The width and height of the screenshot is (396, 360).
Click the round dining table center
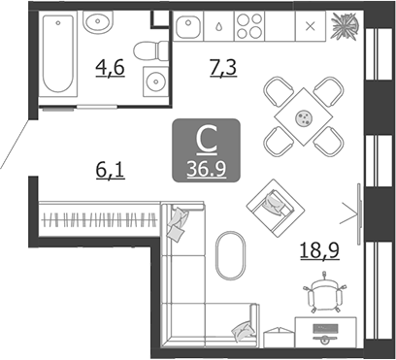pyautogui.click(x=303, y=118)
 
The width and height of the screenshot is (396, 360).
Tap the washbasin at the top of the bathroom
pyautogui.click(x=97, y=22)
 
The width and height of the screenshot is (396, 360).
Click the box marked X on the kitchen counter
pyautogui.click(x=311, y=27)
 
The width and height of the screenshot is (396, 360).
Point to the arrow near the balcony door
pyautogui.click(x=350, y=207)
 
